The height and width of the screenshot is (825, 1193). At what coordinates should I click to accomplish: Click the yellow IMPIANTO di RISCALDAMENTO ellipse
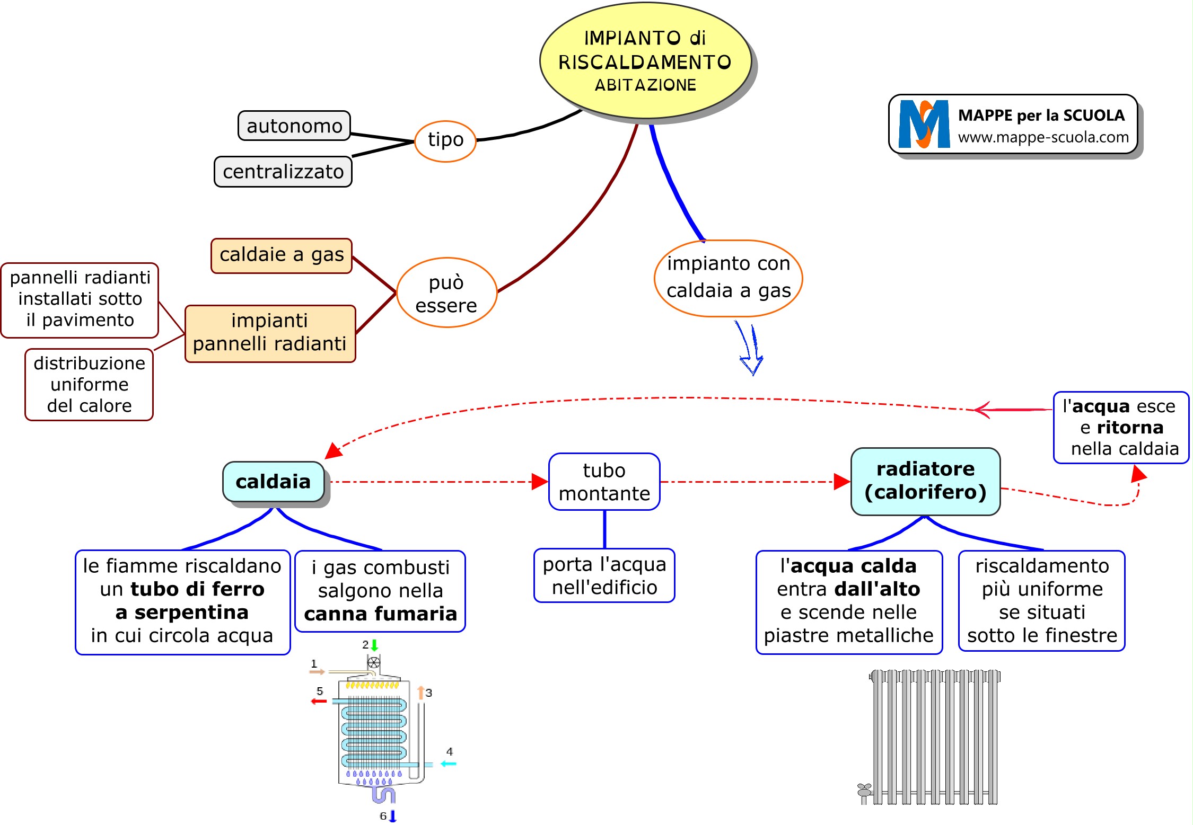coord(645,61)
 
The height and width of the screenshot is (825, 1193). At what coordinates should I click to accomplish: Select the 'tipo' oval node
coord(445,141)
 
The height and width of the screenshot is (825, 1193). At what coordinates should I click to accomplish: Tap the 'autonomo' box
coord(294,126)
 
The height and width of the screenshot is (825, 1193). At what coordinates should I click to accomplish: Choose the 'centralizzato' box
coord(283,172)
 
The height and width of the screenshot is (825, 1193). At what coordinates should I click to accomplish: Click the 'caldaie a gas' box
coord(282,255)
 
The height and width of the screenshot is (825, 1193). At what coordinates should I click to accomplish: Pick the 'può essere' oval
coord(446,293)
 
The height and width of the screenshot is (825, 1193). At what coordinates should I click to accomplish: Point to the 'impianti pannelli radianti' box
coord(270,333)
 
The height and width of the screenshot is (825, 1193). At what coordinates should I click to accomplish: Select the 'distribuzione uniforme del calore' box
coord(89,385)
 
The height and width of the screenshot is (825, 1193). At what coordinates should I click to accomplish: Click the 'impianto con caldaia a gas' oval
coord(729,278)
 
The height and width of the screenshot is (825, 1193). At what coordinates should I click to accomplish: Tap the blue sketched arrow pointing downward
coord(750,349)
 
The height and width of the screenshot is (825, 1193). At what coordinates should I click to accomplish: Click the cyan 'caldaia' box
coord(274,482)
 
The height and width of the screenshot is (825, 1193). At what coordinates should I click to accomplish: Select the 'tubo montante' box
coord(604,482)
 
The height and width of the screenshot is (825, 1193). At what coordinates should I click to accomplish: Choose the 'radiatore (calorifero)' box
coord(925,481)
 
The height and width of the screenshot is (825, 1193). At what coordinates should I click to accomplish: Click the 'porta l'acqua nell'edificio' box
coord(604,576)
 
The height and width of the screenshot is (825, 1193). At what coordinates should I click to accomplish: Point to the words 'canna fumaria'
coord(380,614)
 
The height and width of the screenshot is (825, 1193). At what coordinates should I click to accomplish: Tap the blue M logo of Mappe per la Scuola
coord(924,125)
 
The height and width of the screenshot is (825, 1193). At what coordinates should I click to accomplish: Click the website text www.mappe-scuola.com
coord(1043,138)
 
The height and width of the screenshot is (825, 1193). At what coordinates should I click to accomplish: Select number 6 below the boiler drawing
coord(383,816)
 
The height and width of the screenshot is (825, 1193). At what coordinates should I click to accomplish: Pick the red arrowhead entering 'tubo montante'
coord(540,482)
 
